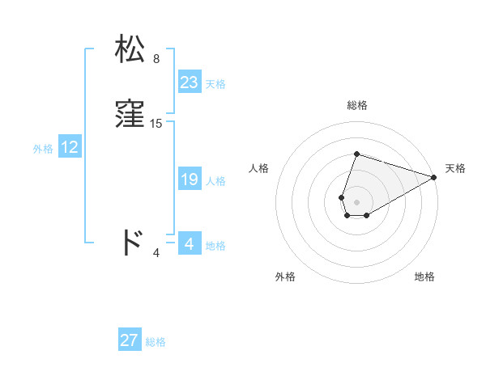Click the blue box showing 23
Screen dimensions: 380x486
pos(190,82)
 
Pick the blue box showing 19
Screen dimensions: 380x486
pos(190,179)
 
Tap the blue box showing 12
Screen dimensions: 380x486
pos(70,147)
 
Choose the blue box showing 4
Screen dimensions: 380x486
pos(190,244)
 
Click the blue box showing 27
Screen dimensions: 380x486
pos(130,340)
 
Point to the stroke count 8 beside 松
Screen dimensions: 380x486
pos(156,59)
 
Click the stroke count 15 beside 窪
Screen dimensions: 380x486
pos(156,124)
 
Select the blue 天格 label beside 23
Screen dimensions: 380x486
pos(215,84)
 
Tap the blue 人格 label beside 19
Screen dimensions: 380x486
pos(215,181)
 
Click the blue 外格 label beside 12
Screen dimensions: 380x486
pos(43,149)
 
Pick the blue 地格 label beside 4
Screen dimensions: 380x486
pos(215,246)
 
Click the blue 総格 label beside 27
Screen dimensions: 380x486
pos(156,342)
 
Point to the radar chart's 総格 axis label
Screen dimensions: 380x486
pos(356,105)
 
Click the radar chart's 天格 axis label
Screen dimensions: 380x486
pos(455,168)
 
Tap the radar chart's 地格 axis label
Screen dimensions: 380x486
pos(424,277)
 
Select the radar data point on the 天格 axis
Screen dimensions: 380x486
pos(434,177)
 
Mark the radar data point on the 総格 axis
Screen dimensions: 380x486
pos(356,154)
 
